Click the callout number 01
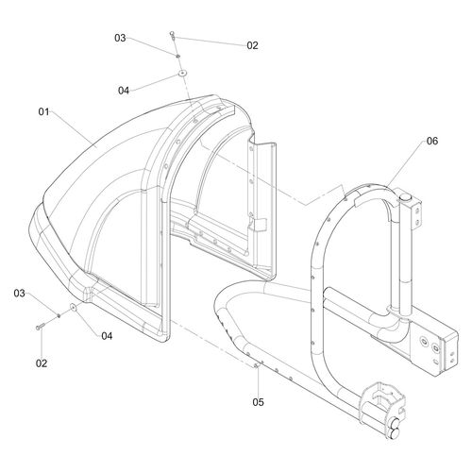point(43,111)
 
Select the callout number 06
point(432,141)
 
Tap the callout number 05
point(258,402)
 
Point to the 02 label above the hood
point(252,45)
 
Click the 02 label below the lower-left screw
point(42,363)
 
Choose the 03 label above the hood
point(120,38)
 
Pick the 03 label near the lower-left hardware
point(19,294)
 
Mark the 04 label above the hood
point(124,91)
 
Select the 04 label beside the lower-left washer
point(107,336)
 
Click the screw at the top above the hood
point(172,36)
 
